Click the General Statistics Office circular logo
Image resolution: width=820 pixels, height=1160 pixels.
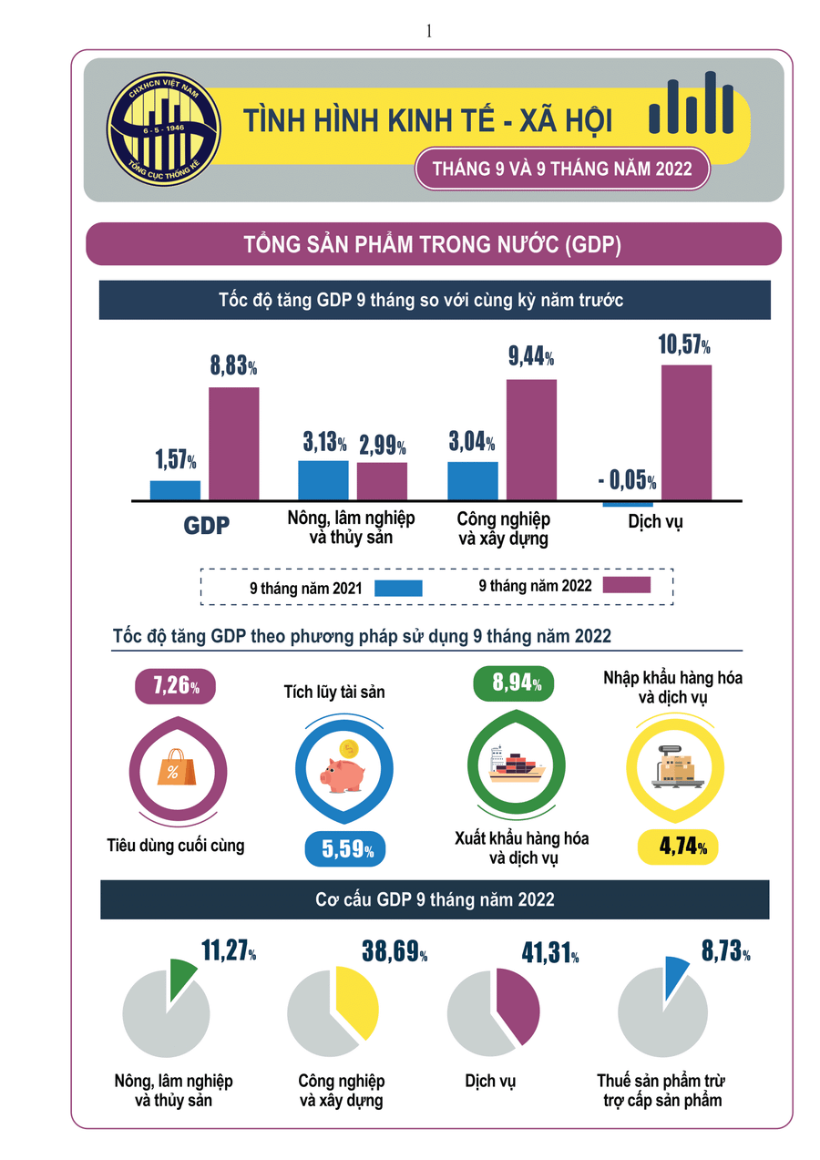tap(164, 126)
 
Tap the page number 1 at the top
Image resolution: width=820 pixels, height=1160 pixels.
tap(428, 31)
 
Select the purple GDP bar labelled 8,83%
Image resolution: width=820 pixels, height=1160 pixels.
tap(234, 443)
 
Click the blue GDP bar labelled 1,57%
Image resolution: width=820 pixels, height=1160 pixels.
tap(175, 490)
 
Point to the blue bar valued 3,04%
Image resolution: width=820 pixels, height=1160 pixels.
tap(472, 480)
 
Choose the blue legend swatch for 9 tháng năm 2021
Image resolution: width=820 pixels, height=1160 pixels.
tap(398, 589)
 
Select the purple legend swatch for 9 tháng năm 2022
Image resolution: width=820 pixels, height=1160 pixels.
tap(626, 585)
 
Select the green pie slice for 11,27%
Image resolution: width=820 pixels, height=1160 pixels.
tap(182, 980)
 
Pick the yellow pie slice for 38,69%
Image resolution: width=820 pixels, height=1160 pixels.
tap(354, 1001)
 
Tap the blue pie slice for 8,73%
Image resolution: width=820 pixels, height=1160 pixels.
tap(677, 976)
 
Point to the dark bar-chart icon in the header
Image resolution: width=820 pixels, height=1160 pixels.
tap(692, 106)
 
